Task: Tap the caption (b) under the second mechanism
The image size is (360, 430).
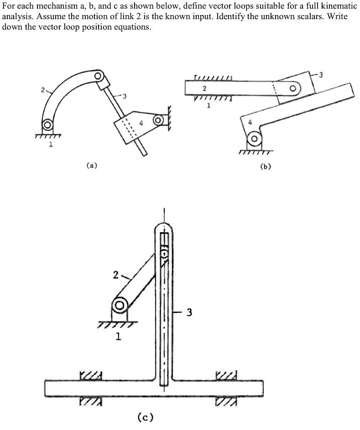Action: [265, 166]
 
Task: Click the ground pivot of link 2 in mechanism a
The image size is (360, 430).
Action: [47, 124]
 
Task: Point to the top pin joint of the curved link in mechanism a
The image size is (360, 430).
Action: [98, 75]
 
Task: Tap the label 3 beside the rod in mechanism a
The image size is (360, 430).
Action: [124, 96]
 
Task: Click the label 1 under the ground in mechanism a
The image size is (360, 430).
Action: [51, 145]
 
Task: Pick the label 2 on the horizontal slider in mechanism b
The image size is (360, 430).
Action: [204, 88]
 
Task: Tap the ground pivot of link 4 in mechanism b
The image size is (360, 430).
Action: [255, 138]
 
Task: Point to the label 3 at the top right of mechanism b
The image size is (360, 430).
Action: [321, 75]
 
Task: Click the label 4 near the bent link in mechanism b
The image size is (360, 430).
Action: [250, 122]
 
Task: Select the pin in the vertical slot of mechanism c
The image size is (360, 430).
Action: [165, 252]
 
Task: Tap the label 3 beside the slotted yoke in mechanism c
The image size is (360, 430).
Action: [189, 313]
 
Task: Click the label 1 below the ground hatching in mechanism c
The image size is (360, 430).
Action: [118, 337]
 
